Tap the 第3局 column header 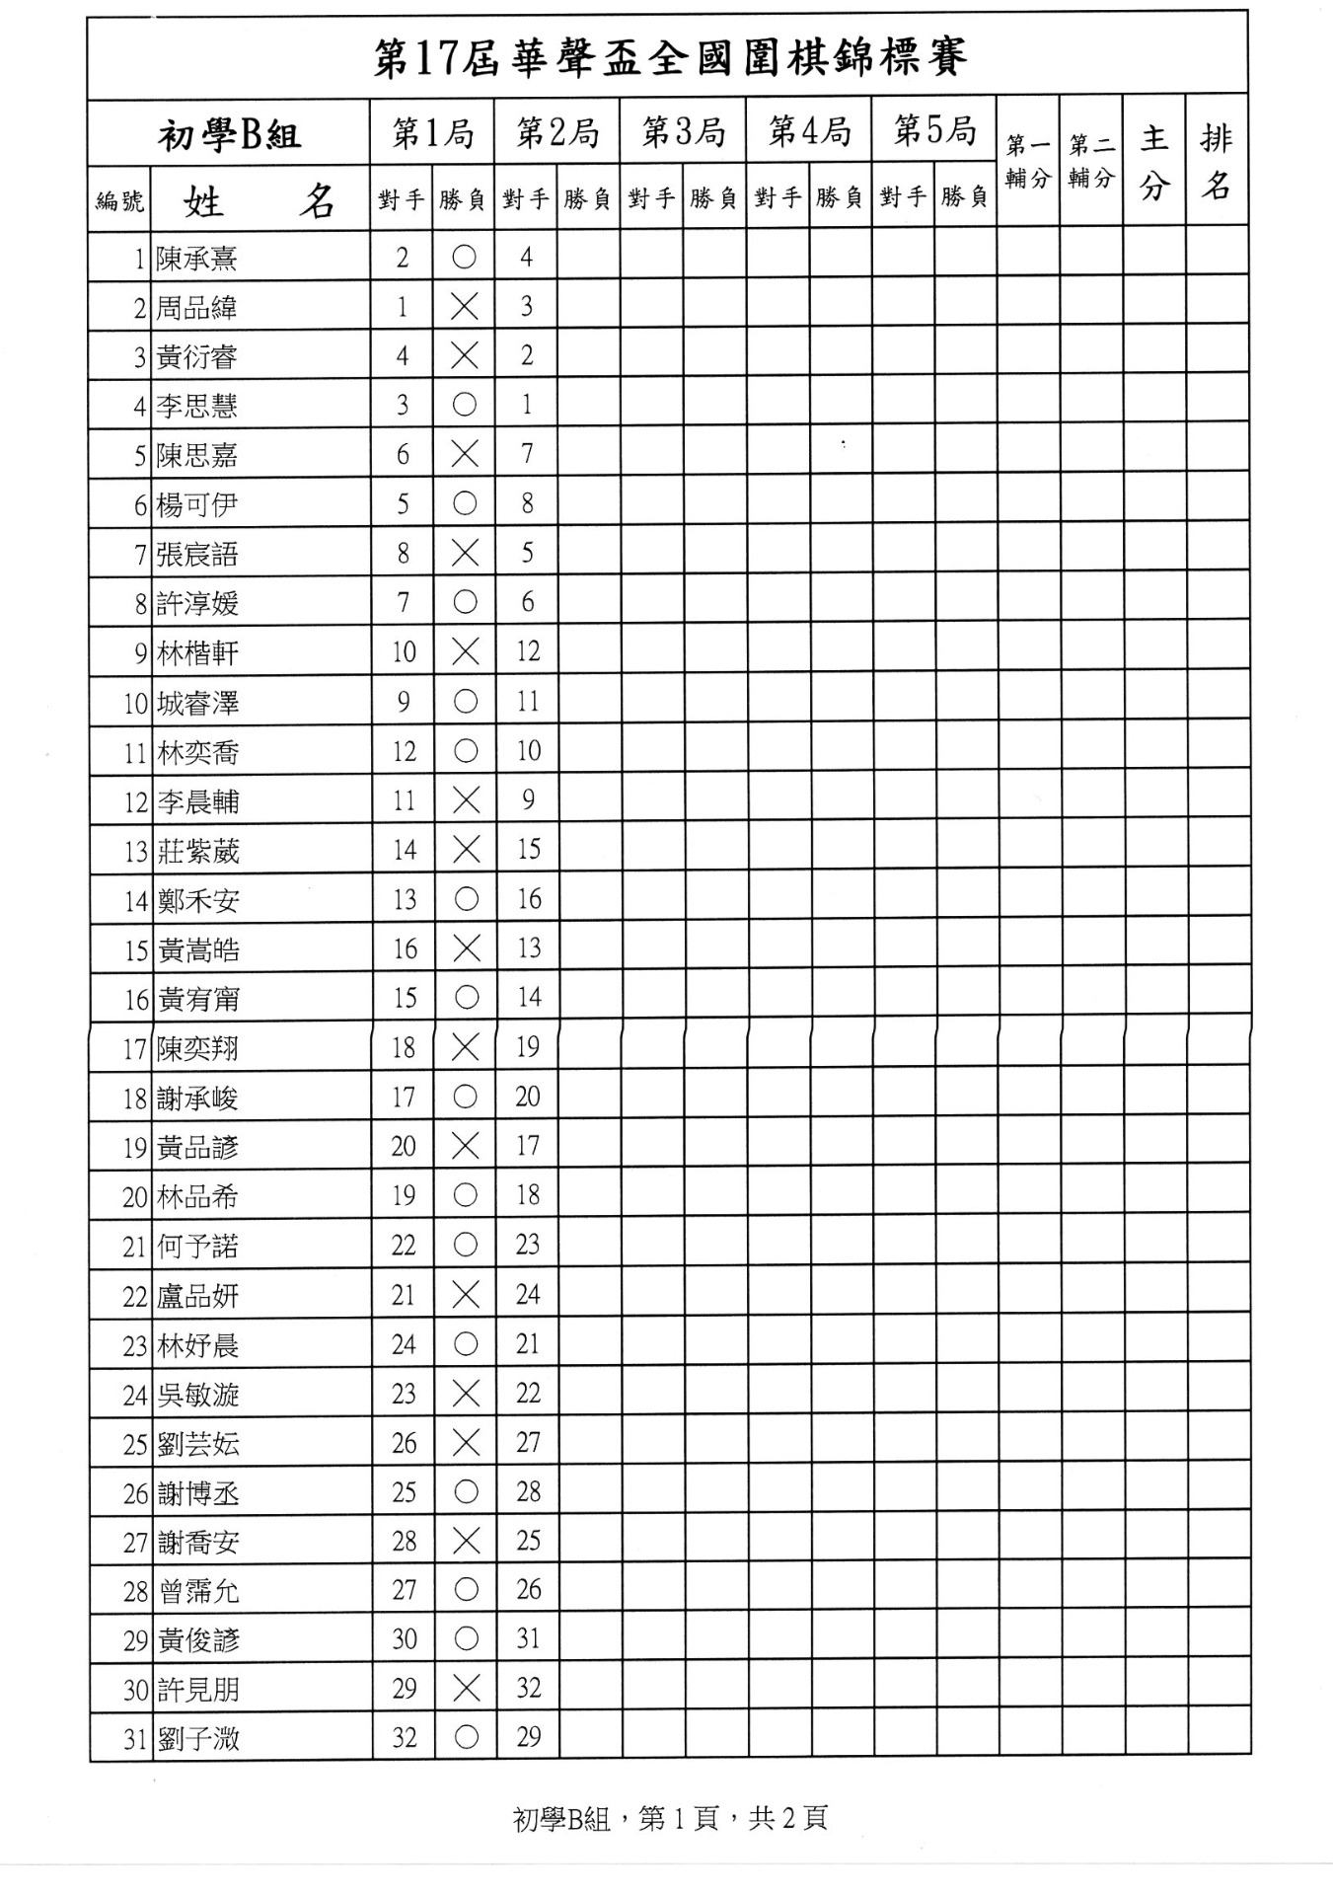683,131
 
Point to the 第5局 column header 933,130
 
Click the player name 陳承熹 196,259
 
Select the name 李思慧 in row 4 196,406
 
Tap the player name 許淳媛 197,603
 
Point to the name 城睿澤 197,704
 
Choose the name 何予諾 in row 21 197,1247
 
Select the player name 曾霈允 197,1591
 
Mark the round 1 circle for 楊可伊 465,503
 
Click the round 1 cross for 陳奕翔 465,1047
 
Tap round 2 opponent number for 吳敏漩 528,1393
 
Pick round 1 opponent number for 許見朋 404,1689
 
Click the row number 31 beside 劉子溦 135,1739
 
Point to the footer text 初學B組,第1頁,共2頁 670,1818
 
